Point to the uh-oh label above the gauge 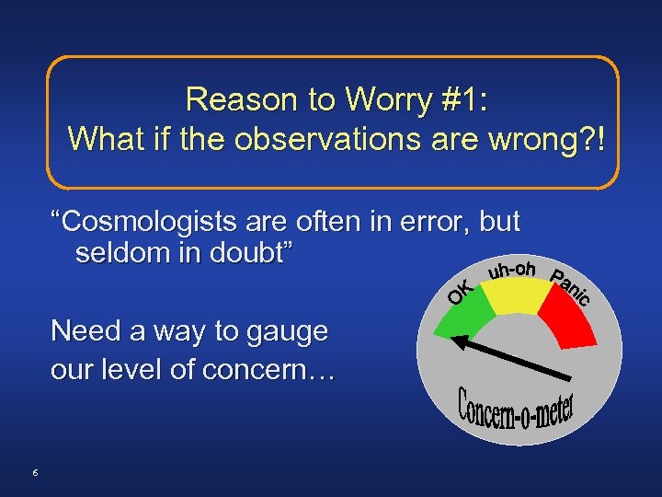click(512, 270)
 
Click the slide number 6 click(34, 472)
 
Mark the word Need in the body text click(84, 331)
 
